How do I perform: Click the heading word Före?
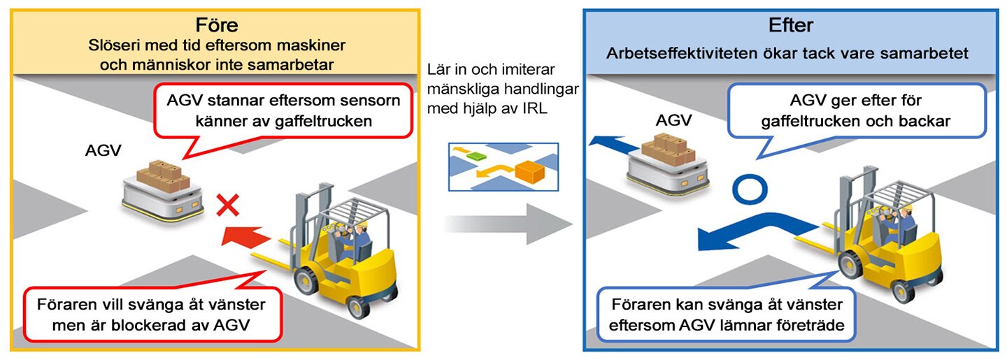click(x=217, y=24)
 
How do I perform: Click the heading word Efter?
click(x=791, y=24)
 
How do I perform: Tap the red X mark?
click(x=228, y=205)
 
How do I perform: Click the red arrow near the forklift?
click(x=245, y=236)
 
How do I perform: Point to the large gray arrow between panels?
click(x=508, y=224)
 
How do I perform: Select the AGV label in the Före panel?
click(x=103, y=150)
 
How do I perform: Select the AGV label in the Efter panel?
click(x=673, y=120)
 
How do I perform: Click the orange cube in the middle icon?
click(x=529, y=172)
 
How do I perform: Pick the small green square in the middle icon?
click(x=476, y=156)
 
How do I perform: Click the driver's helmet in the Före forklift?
click(x=362, y=224)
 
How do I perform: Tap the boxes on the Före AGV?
click(x=163, y=176)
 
